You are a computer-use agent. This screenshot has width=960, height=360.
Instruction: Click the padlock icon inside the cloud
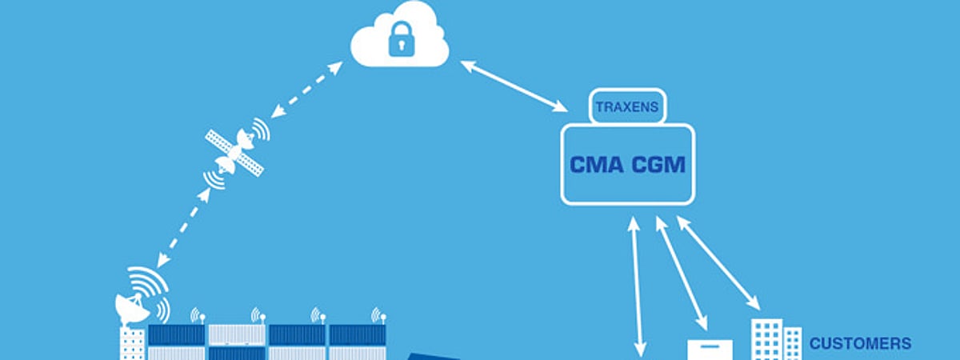[399, 40]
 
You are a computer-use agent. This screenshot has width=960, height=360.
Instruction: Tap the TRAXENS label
[626, 106]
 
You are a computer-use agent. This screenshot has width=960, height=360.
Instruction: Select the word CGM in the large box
[658, 165]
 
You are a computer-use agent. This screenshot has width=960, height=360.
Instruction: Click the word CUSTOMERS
[860, 344]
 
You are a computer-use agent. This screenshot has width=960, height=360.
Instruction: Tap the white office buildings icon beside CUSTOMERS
[775, 339]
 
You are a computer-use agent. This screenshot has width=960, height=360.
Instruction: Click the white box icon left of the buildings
[710, 349]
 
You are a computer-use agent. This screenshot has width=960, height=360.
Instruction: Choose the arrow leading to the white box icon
[682, 272]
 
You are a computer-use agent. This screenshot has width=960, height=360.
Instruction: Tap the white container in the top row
[236, 334]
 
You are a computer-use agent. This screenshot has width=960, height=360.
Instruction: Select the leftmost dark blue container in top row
[176, 334]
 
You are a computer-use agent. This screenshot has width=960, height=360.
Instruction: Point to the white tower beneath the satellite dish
[132, 344]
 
